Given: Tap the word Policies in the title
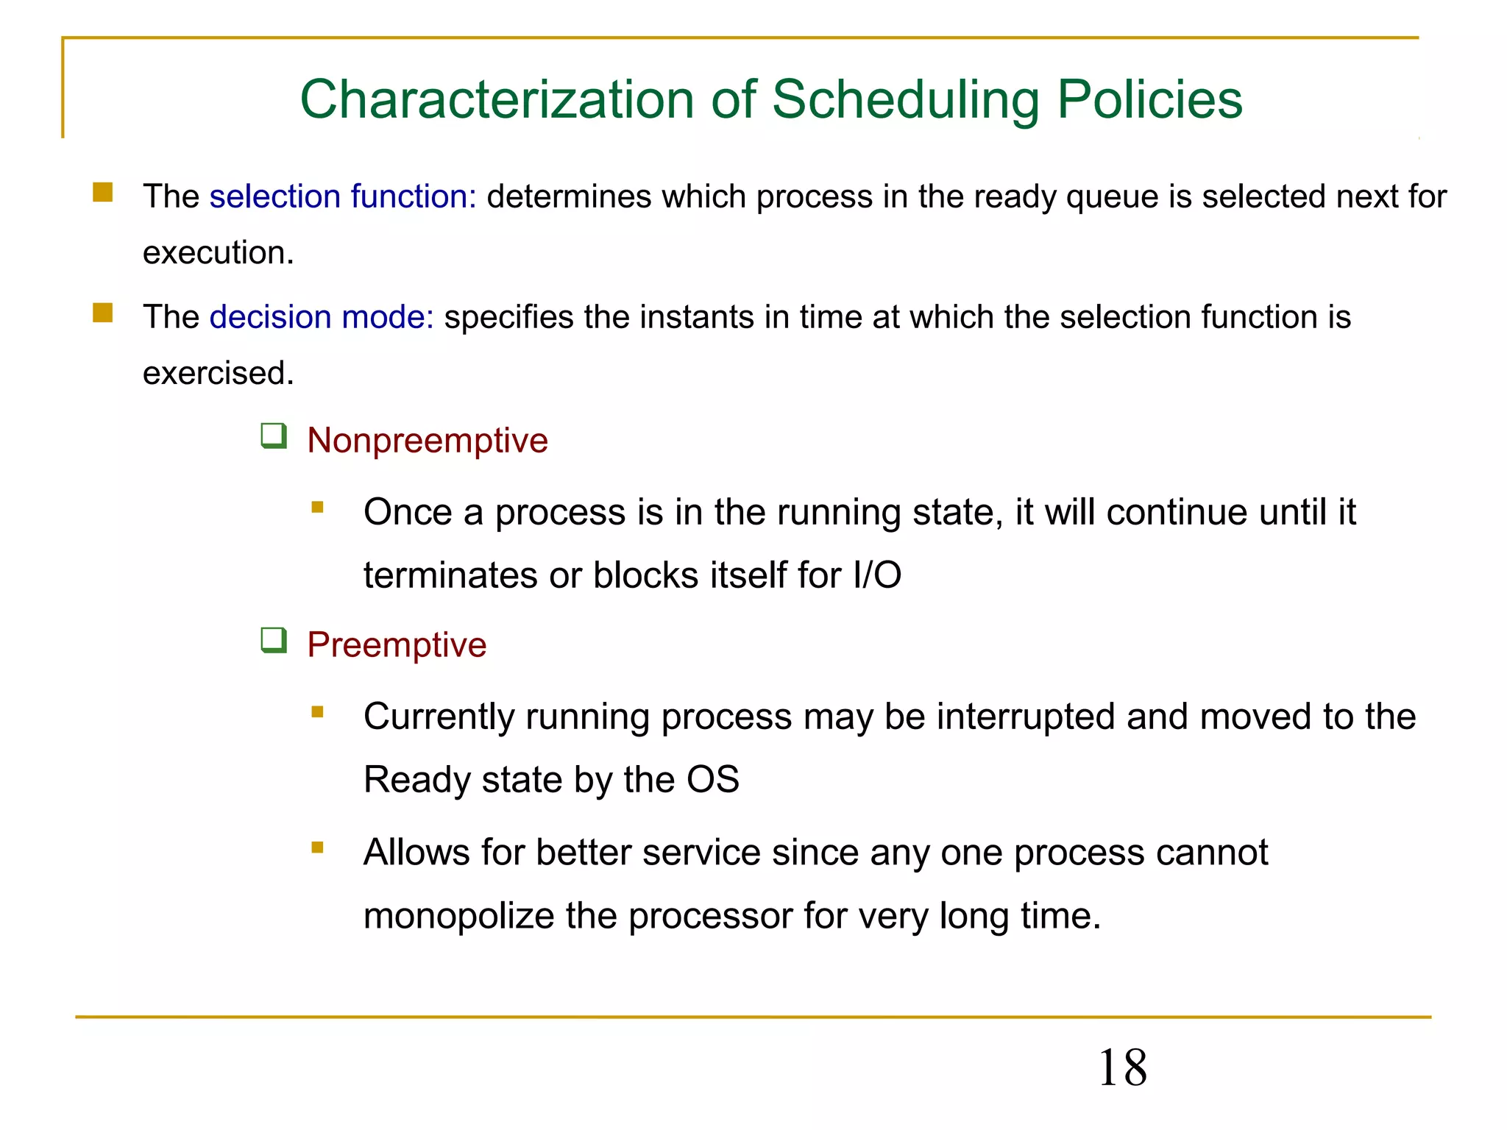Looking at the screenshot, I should tap(1149, 99).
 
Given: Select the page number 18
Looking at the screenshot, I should tap(1122, 1067).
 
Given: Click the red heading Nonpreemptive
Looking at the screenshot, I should tap(428, 441).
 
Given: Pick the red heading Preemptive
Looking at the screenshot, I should tap(397, 645).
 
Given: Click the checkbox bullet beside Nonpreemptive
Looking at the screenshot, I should tap(274, 436).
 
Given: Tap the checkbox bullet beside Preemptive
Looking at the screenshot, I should tap(274, 641).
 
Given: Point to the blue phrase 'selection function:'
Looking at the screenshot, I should tap(343, 196).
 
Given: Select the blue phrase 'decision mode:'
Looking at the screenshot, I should tap(322, 317).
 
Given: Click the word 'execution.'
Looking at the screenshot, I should tap(218, 253).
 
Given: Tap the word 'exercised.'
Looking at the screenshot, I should tap(218, 373).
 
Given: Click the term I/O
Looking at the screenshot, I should tap(877, 575).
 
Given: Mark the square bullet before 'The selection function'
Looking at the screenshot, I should tap(103, 193).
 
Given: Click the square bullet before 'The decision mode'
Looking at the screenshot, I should tap(103, 313).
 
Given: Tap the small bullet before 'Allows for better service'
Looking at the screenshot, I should tap(317, 847).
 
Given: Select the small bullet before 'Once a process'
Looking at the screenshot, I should tap(317, 507).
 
